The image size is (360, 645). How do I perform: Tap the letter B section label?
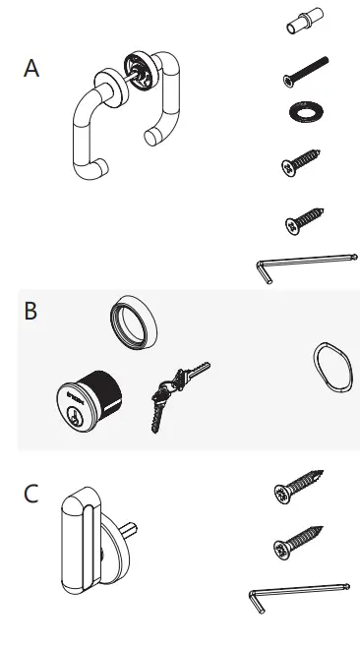[31, 312]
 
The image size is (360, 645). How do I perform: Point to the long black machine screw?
[304, 75]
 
